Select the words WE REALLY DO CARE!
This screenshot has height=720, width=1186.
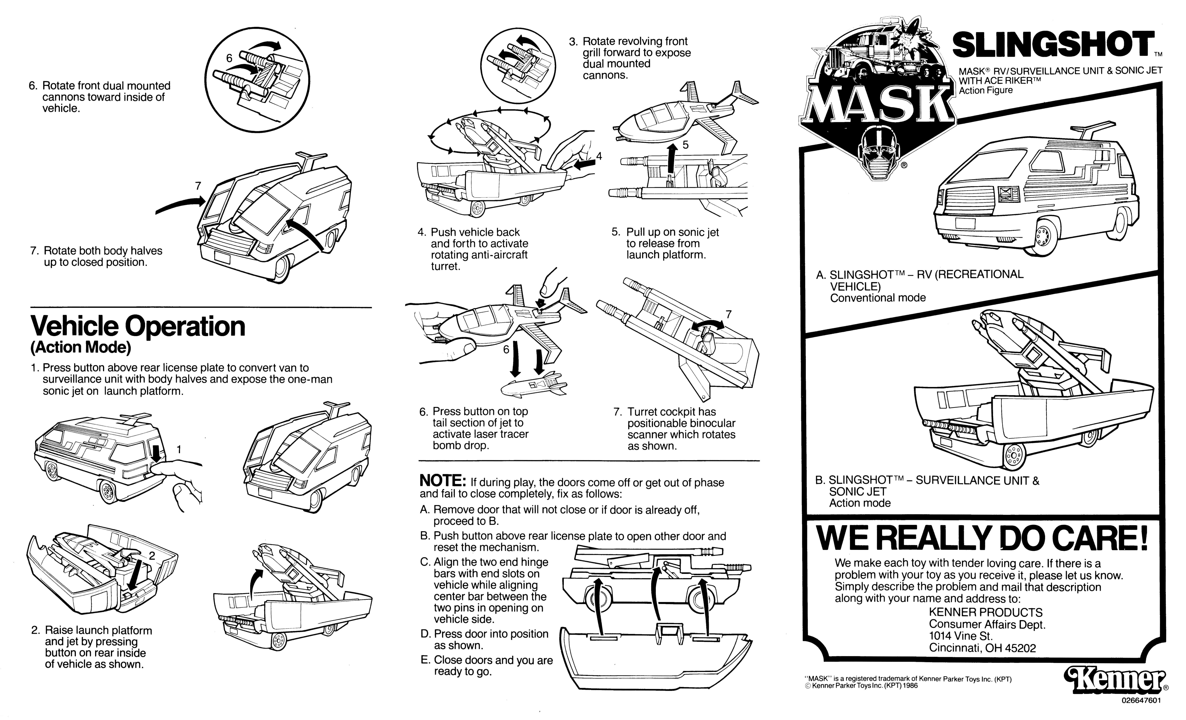pos(982,538)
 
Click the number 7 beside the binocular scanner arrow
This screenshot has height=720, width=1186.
pos(728,314)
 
